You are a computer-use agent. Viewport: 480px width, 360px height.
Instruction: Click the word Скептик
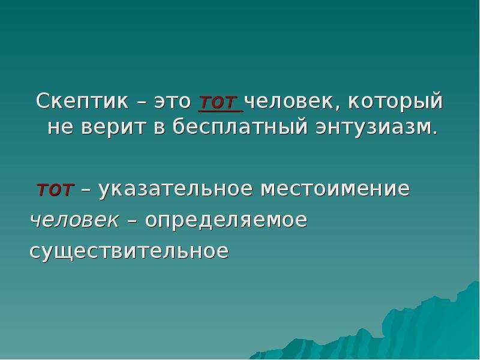coord(82,101)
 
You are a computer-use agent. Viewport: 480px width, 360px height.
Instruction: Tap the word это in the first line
coord(173,101)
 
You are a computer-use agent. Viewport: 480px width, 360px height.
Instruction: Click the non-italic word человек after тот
coord(289,101)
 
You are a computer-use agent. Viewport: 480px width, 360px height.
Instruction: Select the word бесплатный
coord(239,127)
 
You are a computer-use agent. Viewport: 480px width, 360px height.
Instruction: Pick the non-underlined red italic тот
coord(55,190)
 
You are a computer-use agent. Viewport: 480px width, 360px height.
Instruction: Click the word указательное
coord(175,189)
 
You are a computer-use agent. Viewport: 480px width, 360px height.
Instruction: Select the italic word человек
coord(74,220)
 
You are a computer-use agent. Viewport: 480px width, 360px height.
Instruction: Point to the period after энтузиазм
coord(434,133)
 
